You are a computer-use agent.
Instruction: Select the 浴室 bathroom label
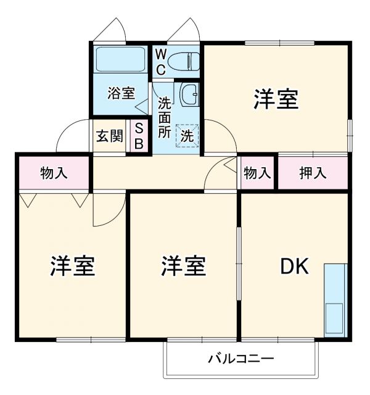tap(120, 94)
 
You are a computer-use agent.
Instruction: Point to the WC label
tap(160, 62)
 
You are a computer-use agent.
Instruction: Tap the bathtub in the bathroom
tap(120, 60)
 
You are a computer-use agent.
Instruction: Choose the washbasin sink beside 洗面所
tap(189, 94)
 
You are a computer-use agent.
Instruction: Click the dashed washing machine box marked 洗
tap(187, 135)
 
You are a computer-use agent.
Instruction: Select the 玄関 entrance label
tap(109, 136)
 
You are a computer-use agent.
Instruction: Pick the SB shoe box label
tap(139, 136)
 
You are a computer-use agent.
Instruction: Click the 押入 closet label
tap(313, 173)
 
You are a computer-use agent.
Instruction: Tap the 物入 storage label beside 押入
tap(257, 173)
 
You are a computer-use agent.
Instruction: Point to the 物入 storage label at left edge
tap(54, 173)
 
